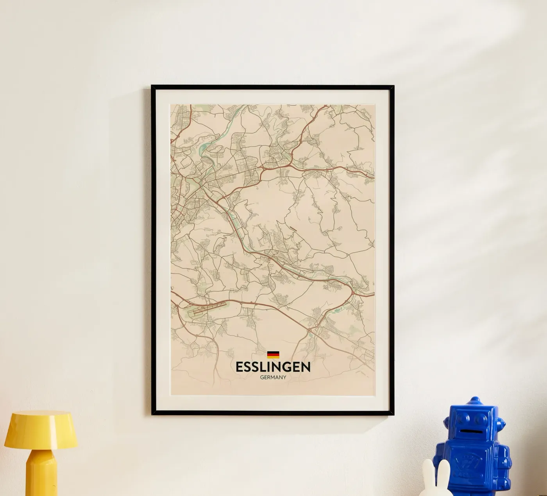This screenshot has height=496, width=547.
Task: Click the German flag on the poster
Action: coord(273,355)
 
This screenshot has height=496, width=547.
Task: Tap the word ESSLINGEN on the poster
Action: coord(273,367)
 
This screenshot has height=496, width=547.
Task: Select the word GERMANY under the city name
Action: coord(273,378)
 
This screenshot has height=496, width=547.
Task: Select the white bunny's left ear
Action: coord(429,471)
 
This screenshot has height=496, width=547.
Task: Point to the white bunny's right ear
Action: coord(445,471)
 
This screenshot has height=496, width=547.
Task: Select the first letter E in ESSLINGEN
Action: coord(239,367)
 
